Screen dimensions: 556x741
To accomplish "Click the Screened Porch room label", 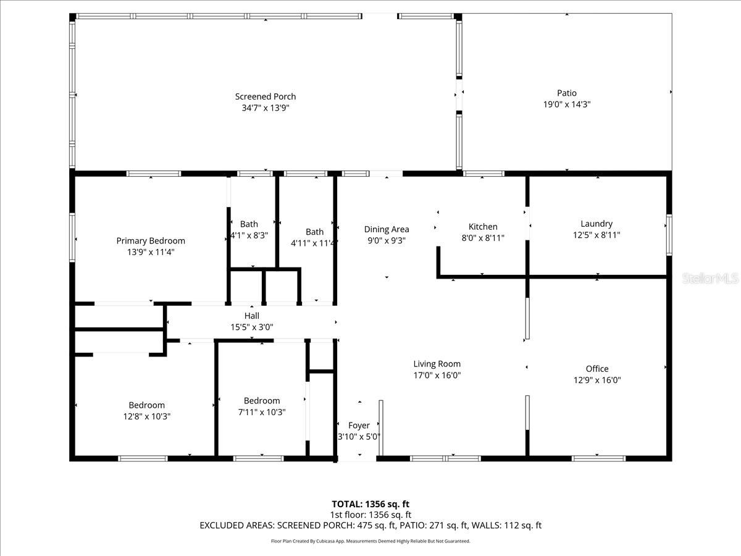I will click(266, 96).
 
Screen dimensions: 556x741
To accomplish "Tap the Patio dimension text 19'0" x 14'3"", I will click(567, 104).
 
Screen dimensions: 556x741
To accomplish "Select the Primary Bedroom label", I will click(151, 241).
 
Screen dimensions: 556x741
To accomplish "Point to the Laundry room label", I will click(597, 224).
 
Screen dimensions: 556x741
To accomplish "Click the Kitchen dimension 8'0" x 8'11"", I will click(483, 237).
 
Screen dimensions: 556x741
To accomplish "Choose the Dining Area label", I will click(387, 229).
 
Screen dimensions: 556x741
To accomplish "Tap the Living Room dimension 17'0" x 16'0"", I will click(437, 375).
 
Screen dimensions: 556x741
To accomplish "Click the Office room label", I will click(597, 369).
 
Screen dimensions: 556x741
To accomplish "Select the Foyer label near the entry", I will click(359, 426).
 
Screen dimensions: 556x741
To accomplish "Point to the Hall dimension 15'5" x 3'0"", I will click(251, 327).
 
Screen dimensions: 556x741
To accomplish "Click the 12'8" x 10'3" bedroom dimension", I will click(147, 416).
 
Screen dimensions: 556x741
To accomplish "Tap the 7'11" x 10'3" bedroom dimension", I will click(262, 412).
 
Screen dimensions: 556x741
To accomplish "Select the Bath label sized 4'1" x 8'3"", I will click(249, 224).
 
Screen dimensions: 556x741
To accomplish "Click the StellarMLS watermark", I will click(710, 279).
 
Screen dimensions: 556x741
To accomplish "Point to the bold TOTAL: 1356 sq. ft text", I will click(371, 504).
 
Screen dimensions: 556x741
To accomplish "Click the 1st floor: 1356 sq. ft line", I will click(371, 515).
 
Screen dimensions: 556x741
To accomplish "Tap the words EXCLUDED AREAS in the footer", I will click(237, 526).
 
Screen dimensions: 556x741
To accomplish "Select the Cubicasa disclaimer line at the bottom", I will click(371, 541).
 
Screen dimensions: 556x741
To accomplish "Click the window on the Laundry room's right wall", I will click(669, 235).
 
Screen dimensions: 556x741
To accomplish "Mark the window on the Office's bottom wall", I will click(598, 458).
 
